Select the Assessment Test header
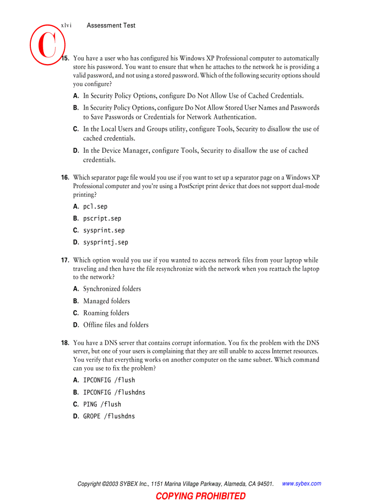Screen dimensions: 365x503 tap(111, 26)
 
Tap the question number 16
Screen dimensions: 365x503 tap(65, 177)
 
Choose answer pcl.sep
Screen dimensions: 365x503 tap(95, 206)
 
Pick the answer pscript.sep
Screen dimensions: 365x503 tap(102, 219)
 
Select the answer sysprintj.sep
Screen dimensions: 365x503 tap(106, 242)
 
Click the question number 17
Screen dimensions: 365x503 tap(65, 260)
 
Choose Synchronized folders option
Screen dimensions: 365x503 tap(112, 289)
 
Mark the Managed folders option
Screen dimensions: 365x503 tap(106, 301)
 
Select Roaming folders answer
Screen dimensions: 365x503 tap(106, 313)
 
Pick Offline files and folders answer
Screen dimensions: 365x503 tap(116, 325)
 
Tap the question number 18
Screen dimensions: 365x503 tap(65, 343)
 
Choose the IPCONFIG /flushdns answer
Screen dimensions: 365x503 tap(114, 392)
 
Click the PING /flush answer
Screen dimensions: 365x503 tap(102, 404)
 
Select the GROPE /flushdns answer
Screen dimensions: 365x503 tap(109, 416)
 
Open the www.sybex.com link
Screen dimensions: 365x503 tap(301, 484)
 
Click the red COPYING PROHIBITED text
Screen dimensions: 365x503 tap(200, 496)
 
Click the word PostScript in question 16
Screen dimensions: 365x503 tap(194, 186)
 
